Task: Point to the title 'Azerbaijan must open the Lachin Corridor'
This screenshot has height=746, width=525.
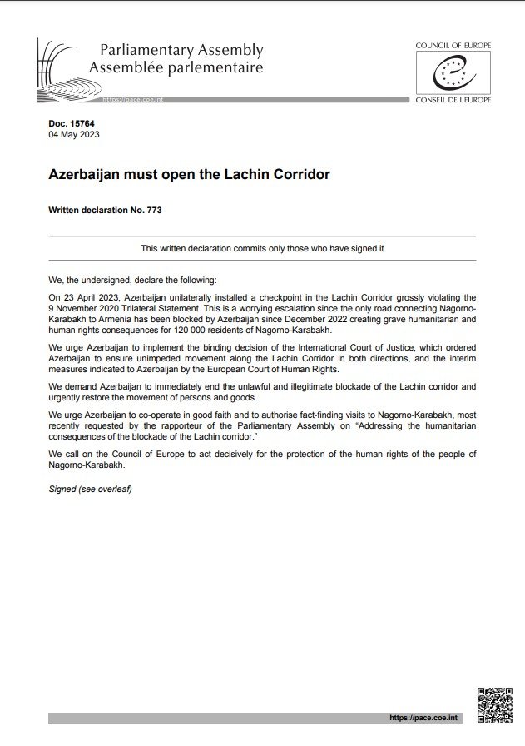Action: (x=189, y=175)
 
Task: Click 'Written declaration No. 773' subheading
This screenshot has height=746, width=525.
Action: (x=105, y=211)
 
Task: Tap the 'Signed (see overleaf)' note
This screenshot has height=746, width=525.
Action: (x=91, y=489)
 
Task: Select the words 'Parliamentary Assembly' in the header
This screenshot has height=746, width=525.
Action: (x=181, y=51)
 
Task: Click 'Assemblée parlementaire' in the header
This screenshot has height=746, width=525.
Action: (x=176, y=67)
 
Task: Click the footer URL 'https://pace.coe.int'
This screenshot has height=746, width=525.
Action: (x=424, y=718)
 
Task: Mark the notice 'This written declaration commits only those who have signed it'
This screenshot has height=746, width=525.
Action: (x=262, y=249)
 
